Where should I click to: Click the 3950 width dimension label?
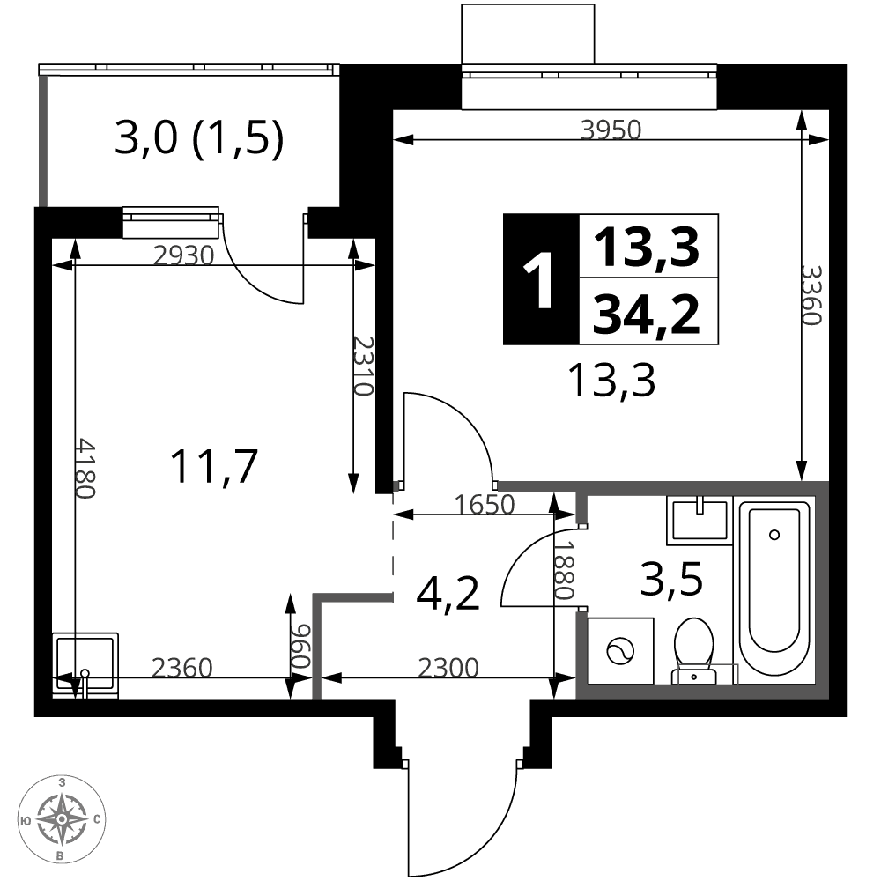pyautogui.click(x=611, y=130)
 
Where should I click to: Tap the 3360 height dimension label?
pyautogui.click(x=811, y=295)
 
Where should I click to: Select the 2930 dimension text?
pyautogui.click(x=184, y=255)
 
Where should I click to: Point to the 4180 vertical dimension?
pyautogui.click(x=85, y=468)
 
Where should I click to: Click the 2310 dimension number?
pyautogui.click(x=363, y=366)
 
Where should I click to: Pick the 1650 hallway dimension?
pyautogui.click(x=485, y=505)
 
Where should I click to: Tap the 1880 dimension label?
pyautogui.click(x=564, y=570)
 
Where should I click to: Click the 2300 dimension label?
pyautogui.click(x=448, y=668)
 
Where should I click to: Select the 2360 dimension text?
pyautogui.click(x=182, y=668)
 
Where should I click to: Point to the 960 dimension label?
pyautogui.click(x=301, y=646)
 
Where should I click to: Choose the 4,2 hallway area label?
pyautogui.click(x=448, y=594)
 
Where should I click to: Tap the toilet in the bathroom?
pyautogui.click(x=694, y=651)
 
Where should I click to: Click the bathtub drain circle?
pyautogui.click(x=774, y=535)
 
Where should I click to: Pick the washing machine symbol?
pyautogui.click(x=620, y=651)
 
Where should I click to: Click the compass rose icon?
pyautogui.click(x=62, y=818)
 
